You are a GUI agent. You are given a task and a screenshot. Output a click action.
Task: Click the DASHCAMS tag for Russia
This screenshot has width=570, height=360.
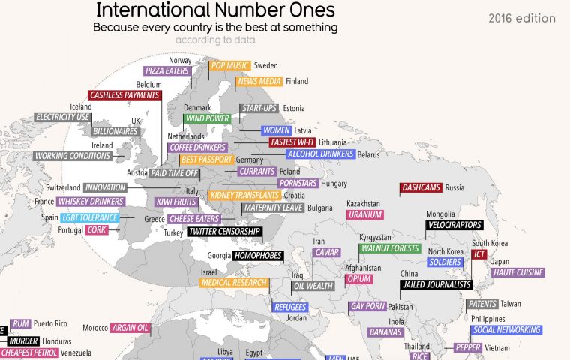pos(421,187)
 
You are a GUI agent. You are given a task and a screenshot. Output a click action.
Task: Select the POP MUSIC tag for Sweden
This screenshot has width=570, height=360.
pos(229,65)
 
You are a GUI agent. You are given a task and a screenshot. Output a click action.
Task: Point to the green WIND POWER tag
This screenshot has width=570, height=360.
pos(207,118)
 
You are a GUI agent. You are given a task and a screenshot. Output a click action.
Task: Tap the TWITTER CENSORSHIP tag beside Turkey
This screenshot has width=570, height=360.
pos(224,232)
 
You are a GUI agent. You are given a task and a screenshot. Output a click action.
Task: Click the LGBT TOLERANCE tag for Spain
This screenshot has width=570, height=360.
pos(90,217)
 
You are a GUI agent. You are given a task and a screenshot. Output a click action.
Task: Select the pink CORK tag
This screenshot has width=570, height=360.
pos(97,229)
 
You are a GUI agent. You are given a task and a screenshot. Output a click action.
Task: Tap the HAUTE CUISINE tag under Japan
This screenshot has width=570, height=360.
pos(517,273)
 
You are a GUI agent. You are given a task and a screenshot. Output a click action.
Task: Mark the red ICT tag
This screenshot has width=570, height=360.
pos(479,254)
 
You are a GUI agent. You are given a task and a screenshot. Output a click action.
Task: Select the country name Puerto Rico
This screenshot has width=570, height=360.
pos(51,323)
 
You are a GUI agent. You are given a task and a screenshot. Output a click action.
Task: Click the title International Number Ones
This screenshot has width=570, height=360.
pos(215,11)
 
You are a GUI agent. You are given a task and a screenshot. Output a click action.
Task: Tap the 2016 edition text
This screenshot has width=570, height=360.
pos(522,18)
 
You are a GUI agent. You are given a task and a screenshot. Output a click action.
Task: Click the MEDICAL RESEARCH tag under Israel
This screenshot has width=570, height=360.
pos(234,283)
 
